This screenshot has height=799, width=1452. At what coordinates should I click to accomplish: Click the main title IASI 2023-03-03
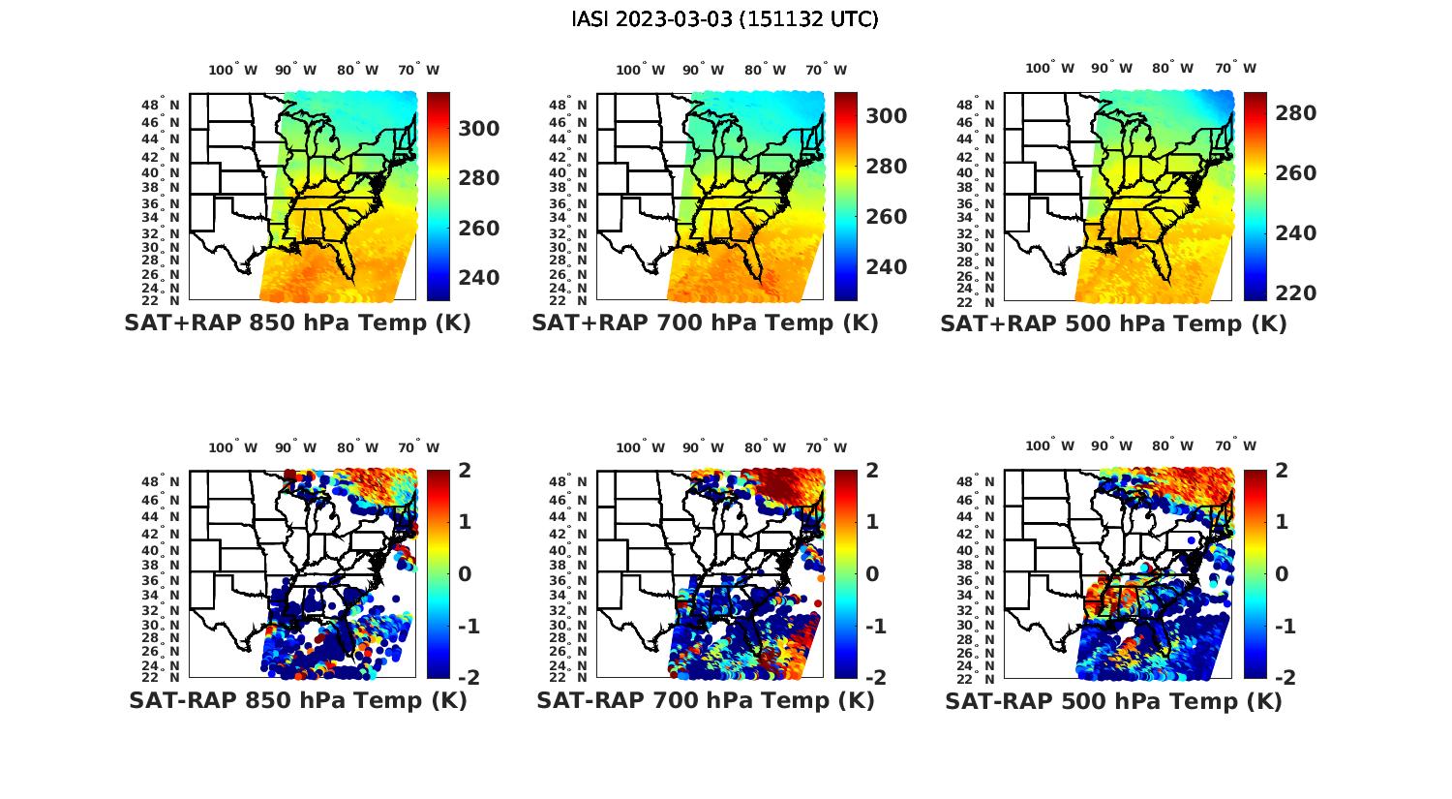725,19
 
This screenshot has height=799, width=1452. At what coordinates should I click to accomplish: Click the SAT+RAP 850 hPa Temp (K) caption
297,323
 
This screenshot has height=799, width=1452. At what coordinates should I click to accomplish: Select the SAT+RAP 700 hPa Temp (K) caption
705,323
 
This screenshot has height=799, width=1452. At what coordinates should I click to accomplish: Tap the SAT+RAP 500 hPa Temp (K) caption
1113,324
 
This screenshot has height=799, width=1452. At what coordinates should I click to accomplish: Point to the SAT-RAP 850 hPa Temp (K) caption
297,700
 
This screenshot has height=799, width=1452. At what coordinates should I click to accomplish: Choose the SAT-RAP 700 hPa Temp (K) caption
705,700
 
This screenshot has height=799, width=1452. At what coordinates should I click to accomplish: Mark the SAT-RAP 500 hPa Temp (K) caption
1113,701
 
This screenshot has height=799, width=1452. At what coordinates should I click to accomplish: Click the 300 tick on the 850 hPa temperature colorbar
478,129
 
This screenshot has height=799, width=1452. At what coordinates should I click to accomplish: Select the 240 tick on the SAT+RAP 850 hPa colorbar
478,278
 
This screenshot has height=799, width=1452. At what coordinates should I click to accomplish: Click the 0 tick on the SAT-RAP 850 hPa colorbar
465,573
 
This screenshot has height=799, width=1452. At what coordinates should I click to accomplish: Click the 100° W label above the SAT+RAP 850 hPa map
233,70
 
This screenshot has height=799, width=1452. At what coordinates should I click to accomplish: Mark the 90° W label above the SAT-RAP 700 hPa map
703,447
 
